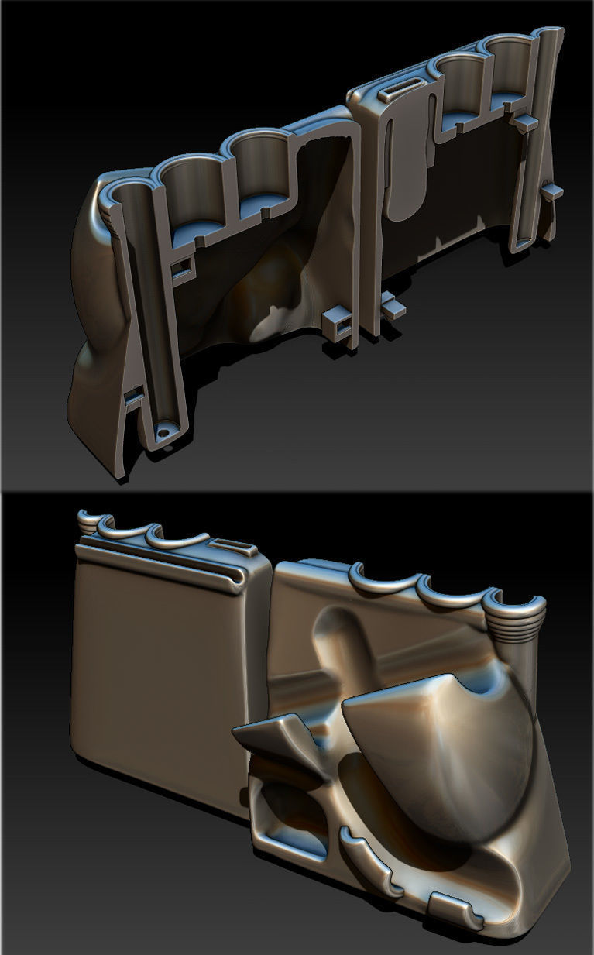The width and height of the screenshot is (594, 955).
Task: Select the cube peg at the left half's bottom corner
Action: click(337, 320)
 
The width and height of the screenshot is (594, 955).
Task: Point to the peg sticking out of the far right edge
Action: click(552, 191)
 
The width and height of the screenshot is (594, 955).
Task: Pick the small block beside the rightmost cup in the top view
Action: click(526, 122)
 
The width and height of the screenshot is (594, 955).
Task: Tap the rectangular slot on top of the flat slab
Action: click(236, 548)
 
